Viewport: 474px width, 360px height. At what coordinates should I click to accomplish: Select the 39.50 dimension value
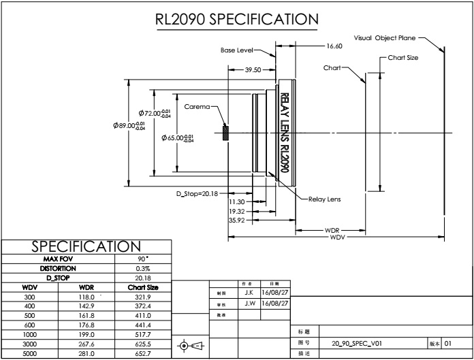pyautogui.click(x=253, y=69)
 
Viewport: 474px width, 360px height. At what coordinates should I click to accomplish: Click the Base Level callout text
pyautogui.click(x=237, y=50)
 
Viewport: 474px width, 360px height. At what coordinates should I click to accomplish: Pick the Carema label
pyautogui.click(x=198, y=106)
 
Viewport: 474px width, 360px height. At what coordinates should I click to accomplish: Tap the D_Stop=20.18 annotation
pyautogui.click(x=195, y=193)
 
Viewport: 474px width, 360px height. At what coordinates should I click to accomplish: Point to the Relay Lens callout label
pyautogui.click(x=325, y=199)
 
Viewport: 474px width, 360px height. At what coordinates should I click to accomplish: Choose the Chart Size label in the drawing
pyautogui.click(x=403, y=58)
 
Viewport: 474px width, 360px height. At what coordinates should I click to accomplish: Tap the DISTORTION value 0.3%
pyautogui.click(x=143, y=268)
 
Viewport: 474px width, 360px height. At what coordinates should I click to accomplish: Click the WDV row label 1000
pyautogui.click(x=29, y=336)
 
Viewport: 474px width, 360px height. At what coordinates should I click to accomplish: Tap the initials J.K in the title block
pyautogui.click(x=249, y=292)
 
